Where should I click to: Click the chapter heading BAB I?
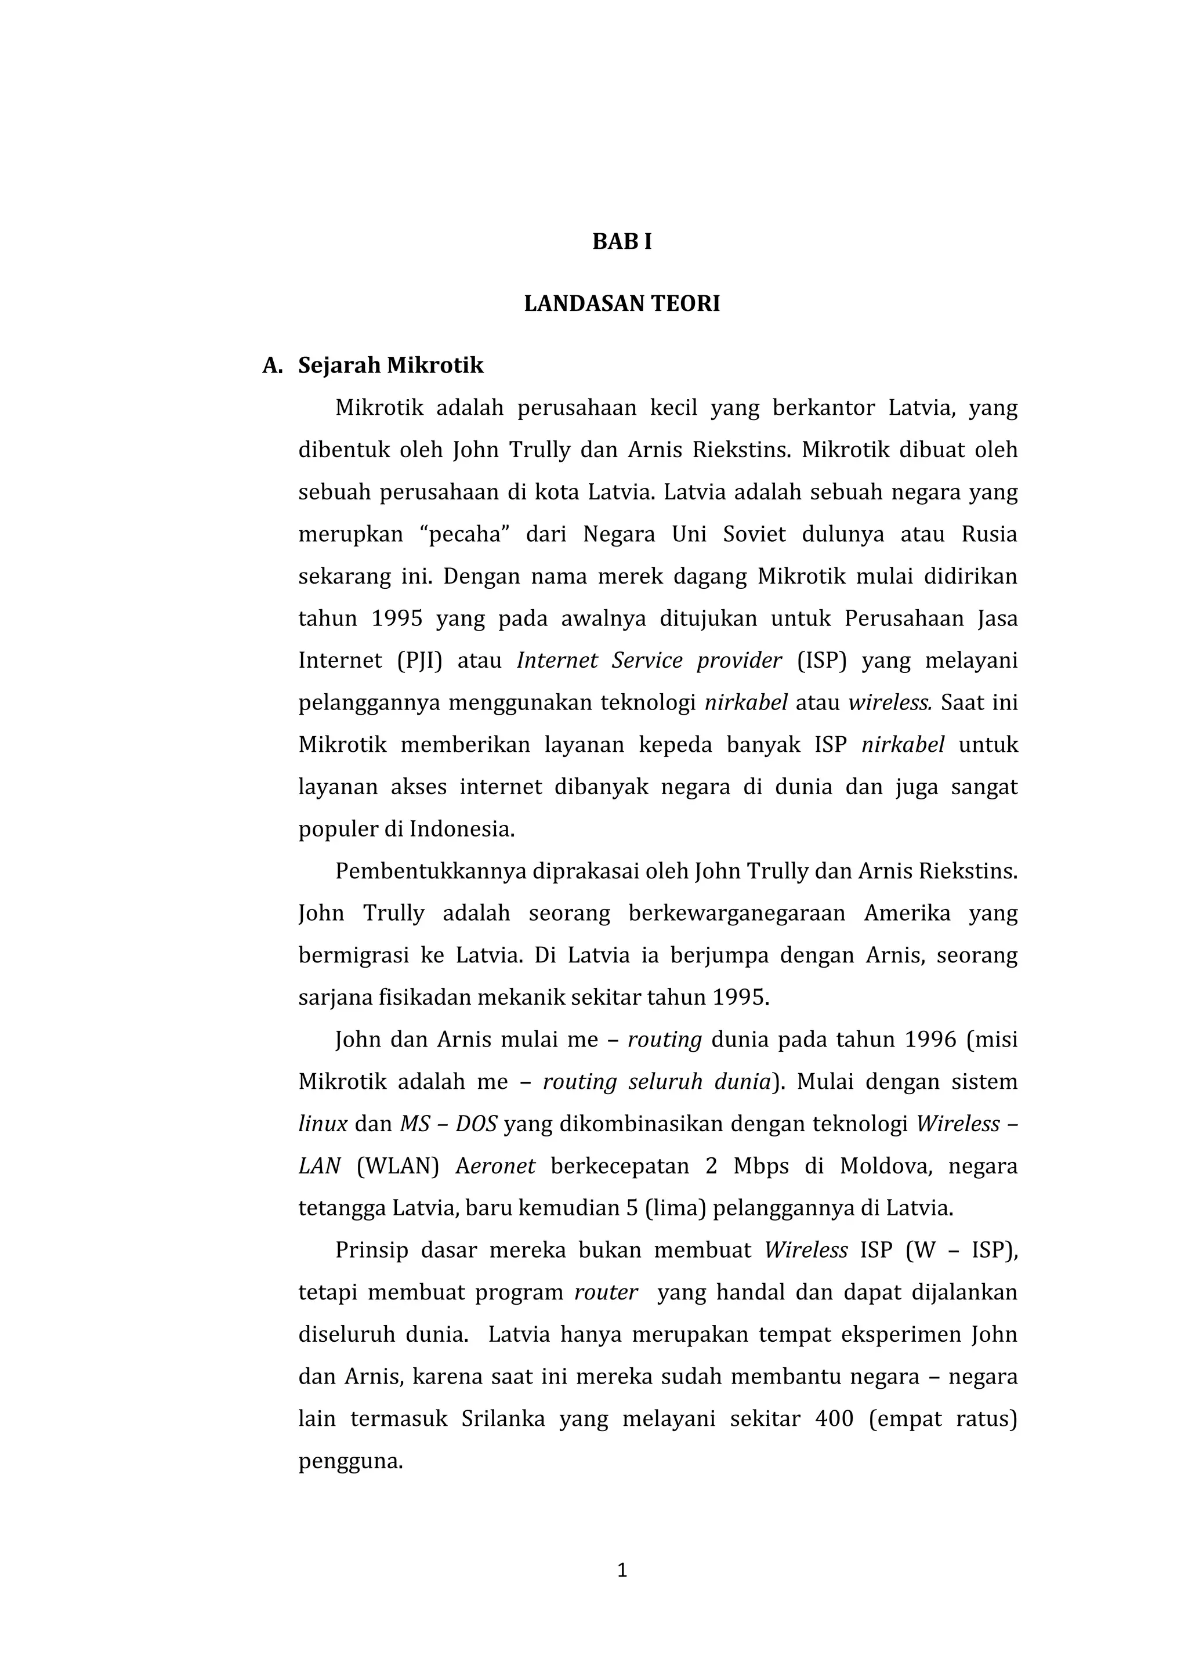[x=622, y=242]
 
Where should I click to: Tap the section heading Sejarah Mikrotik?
[x=390, y=365]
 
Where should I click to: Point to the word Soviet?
[x=754, y=534]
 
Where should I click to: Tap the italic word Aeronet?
[x=495, y=1165]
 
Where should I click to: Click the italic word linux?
[x=323, y=1124]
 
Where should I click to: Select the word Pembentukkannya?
[x=431, y=871]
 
